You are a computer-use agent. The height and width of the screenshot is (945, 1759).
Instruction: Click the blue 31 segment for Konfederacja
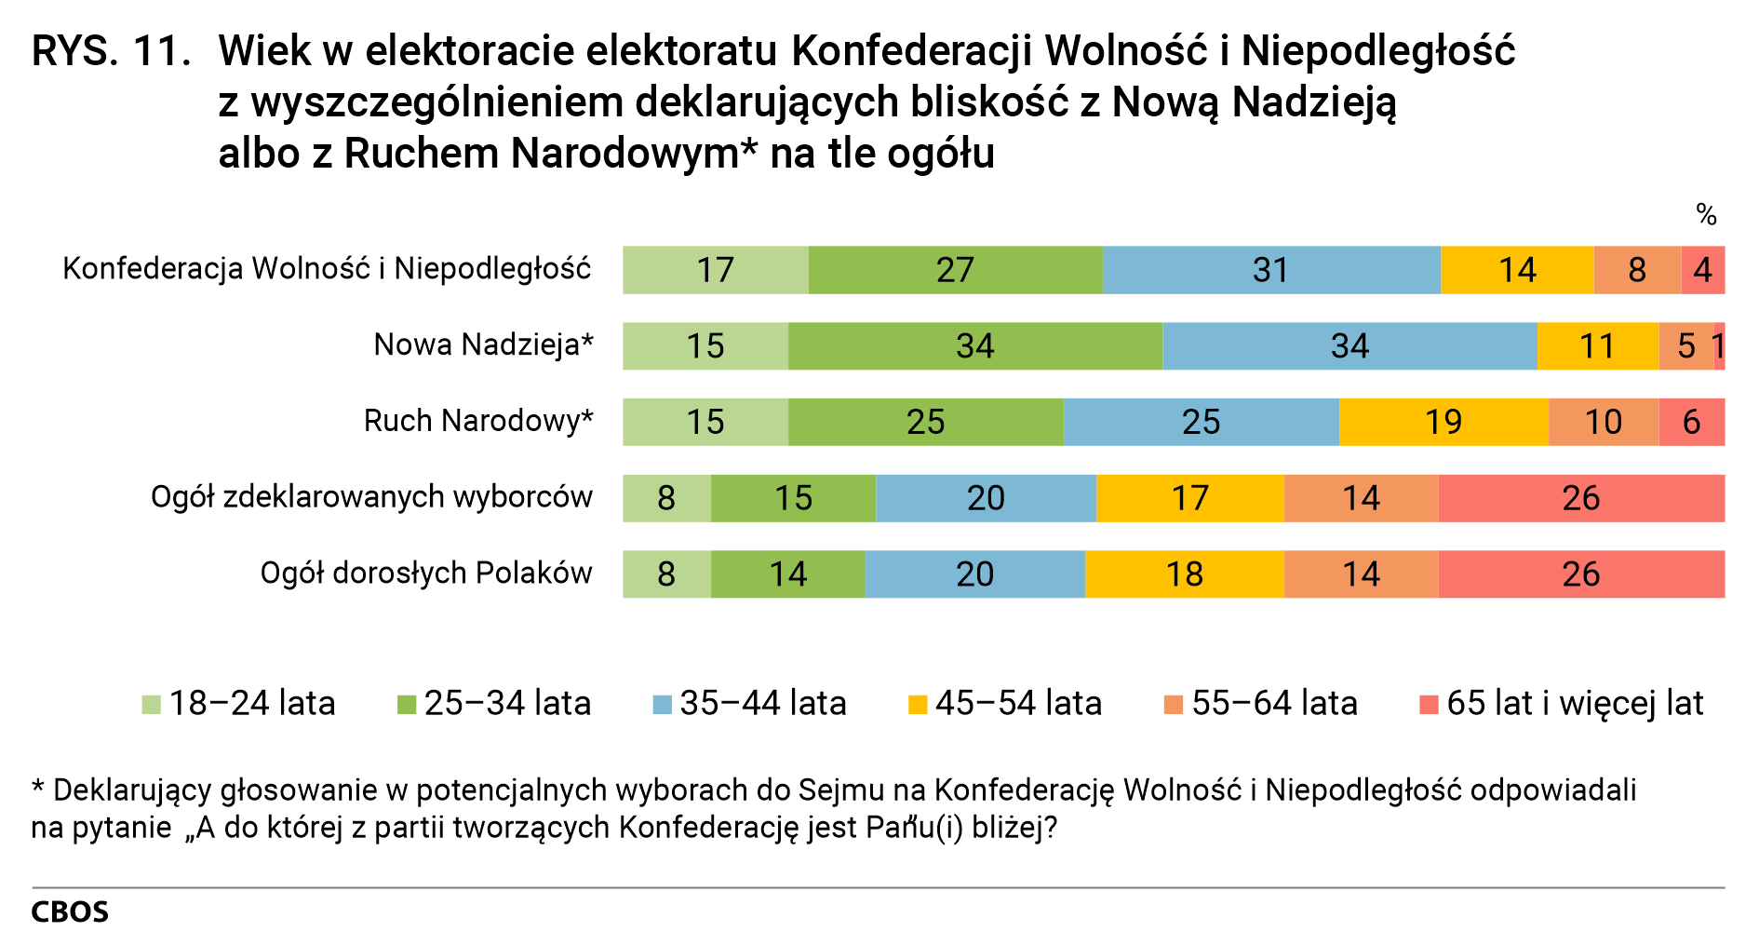[1271, 270]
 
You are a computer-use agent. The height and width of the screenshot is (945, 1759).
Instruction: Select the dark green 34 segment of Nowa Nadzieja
[974, 346]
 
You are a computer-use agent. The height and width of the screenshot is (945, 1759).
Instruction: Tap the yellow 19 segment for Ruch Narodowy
[1443, 422]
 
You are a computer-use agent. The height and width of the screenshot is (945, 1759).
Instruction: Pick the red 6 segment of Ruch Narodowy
[1691, 422]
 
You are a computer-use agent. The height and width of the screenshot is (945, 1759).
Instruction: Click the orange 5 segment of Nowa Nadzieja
[1685, 346]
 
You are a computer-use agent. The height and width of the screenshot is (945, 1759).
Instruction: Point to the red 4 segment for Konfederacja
[1702, 270]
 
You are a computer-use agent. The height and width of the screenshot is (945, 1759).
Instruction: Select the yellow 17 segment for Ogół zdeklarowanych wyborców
[1189, 498]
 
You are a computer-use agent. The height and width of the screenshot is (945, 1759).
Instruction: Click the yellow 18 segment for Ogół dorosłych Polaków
[1184, 574]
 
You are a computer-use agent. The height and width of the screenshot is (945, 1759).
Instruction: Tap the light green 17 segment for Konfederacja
[715, 270]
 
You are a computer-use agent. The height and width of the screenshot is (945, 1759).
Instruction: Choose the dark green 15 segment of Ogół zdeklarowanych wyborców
[793, 498]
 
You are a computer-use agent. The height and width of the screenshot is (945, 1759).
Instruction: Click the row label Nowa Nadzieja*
[483, 345]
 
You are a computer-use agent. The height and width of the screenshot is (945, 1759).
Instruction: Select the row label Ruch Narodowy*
[477, 421]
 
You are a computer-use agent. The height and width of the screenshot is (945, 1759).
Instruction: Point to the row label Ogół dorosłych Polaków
[425, 573]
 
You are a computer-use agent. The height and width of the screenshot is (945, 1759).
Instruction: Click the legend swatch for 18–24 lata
[151, 705]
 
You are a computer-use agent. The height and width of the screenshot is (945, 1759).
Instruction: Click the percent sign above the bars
[1705, 215]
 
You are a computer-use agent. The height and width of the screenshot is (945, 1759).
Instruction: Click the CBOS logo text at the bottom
[70, 911]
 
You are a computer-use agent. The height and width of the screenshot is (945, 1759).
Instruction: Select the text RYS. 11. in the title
[110, 51]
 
